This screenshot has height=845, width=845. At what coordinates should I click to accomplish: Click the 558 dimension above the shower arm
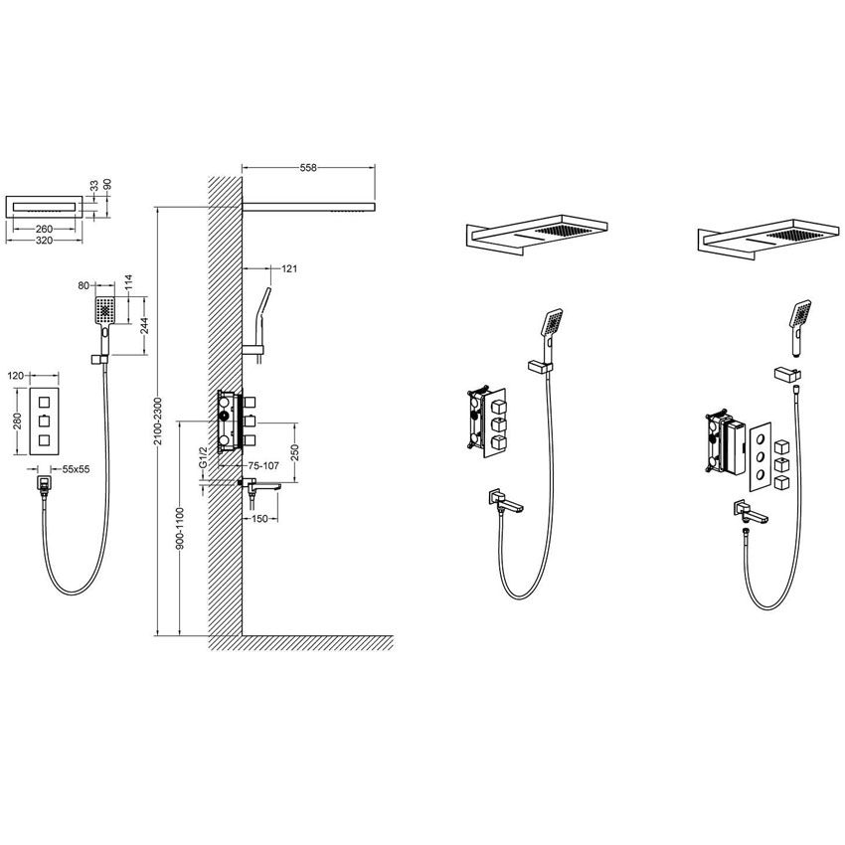308,168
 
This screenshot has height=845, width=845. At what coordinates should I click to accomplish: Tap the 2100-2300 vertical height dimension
158,422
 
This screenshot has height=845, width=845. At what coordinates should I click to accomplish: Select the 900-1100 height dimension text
181,528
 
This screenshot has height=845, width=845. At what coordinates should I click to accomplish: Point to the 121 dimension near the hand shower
289,268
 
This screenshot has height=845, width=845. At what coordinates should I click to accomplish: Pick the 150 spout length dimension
259,518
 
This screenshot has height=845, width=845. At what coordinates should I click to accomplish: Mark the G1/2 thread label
203,457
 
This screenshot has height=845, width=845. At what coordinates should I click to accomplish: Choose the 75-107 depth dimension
263,466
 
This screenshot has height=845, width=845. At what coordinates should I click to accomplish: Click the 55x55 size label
76,469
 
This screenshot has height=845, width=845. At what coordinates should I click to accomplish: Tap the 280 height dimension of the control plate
19,422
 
